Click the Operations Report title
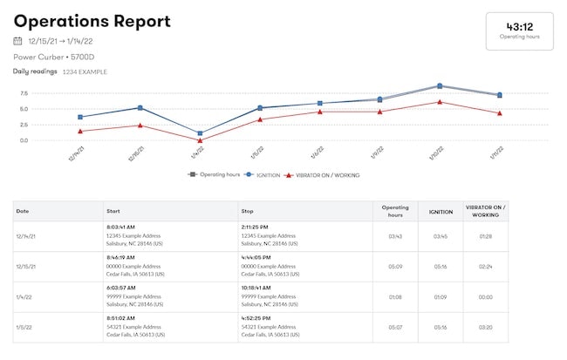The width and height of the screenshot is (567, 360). (92, 22)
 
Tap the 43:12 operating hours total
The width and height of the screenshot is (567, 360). (519, 27)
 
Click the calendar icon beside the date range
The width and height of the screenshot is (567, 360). (18, 41)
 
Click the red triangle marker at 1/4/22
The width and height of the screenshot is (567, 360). (200, 140)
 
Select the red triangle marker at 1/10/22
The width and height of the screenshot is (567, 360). (440, 102)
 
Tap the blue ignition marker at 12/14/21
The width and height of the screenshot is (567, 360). (80, 117)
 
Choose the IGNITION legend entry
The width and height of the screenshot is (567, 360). (264, 175)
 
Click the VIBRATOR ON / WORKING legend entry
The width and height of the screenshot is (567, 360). (324, 175)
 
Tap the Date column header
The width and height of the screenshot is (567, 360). (23, 211)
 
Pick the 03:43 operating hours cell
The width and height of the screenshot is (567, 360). (394, 236)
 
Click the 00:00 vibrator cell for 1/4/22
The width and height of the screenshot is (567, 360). (487, 296)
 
